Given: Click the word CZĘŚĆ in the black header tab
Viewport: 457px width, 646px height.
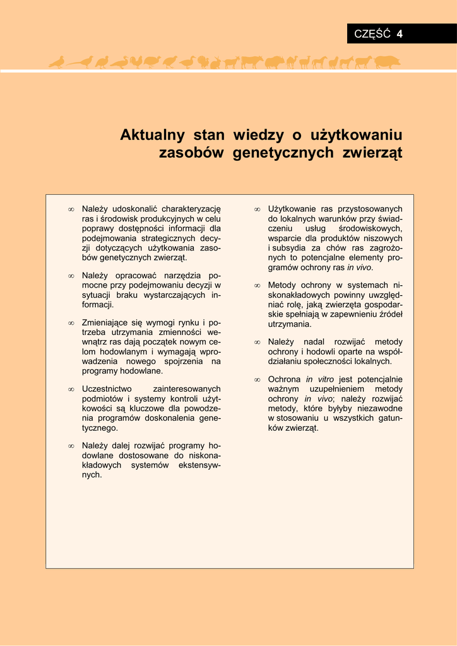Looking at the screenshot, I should coord(372,34).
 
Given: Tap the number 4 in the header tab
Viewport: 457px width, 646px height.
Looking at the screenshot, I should coord(400,34).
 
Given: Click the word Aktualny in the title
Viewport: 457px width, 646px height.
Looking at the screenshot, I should coord(152,135).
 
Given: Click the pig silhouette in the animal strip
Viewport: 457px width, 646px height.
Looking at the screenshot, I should coord(386,62).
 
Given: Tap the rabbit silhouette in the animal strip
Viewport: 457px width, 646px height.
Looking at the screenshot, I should coord(215,62).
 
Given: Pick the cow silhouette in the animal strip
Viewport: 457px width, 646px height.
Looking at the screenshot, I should coord(252,62).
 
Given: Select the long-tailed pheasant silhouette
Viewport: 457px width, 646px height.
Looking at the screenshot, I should coord(80,62).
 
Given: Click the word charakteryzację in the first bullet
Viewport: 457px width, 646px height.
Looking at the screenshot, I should coord(191,209).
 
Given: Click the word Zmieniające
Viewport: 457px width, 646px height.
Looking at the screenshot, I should coord(105,323).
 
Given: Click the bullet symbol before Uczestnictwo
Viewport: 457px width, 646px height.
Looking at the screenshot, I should coord(71,390).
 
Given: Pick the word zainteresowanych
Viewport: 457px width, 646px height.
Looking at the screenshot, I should coord(187,389).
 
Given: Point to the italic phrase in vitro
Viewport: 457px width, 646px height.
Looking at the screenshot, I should coord(320,380).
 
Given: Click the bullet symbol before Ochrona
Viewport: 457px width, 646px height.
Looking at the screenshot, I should coord(257,380).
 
